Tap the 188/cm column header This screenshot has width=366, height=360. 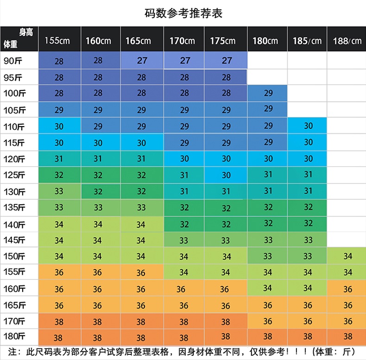pos(347,41)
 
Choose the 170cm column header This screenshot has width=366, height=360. pos(184,41)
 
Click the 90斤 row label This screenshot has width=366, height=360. pos(14,60)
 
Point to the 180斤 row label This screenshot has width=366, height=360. pos(14,336)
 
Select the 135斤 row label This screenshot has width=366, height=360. pos(14,207)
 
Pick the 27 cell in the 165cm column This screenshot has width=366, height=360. pos(142,60)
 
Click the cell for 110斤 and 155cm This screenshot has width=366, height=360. pos(59,126)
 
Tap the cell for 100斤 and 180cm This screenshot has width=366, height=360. pos(268,93)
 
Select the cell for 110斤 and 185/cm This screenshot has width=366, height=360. pos(308,126)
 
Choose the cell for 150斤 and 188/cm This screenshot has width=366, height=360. pos(347,256)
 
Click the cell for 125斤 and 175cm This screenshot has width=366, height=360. pos(226,175)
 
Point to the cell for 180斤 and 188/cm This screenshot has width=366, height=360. pos(347,337)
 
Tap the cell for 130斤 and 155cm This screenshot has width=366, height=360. pos(59,191)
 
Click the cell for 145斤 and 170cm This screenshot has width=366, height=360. pos(184,240)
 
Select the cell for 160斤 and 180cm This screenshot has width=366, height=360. pos(268,288)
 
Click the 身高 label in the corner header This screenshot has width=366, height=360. pos(26,32)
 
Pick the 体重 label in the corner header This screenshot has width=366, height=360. pos(10,44)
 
